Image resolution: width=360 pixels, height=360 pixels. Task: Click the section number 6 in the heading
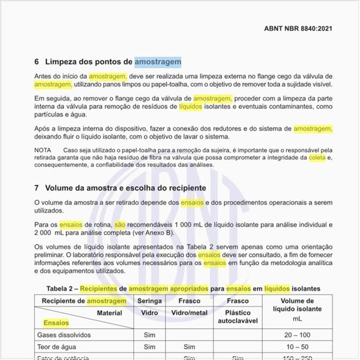(37, 62)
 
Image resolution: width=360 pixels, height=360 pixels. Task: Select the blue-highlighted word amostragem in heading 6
(158, 62)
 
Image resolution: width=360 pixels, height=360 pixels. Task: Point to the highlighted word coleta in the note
(317, 158)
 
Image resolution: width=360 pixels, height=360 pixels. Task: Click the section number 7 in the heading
(37, 188)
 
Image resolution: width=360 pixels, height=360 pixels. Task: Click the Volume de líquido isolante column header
(297, 309)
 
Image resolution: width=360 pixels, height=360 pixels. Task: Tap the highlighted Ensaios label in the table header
(56, 323)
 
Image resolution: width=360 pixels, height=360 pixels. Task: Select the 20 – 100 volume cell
(297, 334)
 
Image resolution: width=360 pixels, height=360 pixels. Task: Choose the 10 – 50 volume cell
(297, 347)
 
